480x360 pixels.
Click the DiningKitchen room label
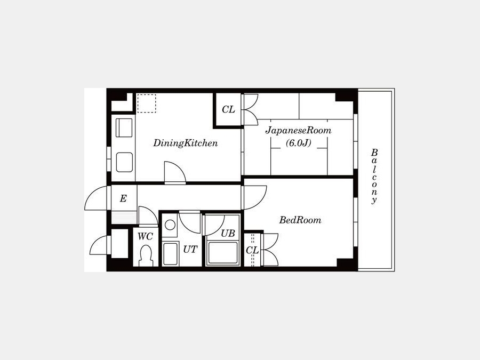click(185, 143)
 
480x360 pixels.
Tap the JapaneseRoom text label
click(298, 131)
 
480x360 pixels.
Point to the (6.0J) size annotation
click(299, 142)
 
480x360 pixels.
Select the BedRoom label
click(300, 220)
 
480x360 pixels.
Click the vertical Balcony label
click(374, 177)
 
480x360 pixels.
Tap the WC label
click(145, 236)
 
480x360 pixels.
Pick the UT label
click(190, 250)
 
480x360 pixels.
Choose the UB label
click(228, 234)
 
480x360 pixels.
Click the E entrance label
click(123, 199)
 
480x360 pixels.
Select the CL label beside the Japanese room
click(228, 109)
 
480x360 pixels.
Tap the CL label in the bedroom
click(252, 251)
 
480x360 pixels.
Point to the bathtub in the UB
click(223, 253)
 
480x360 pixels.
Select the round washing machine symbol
click(170, 225)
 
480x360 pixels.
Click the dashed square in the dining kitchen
click(146, 103)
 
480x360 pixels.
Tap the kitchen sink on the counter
click(124, 127)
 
